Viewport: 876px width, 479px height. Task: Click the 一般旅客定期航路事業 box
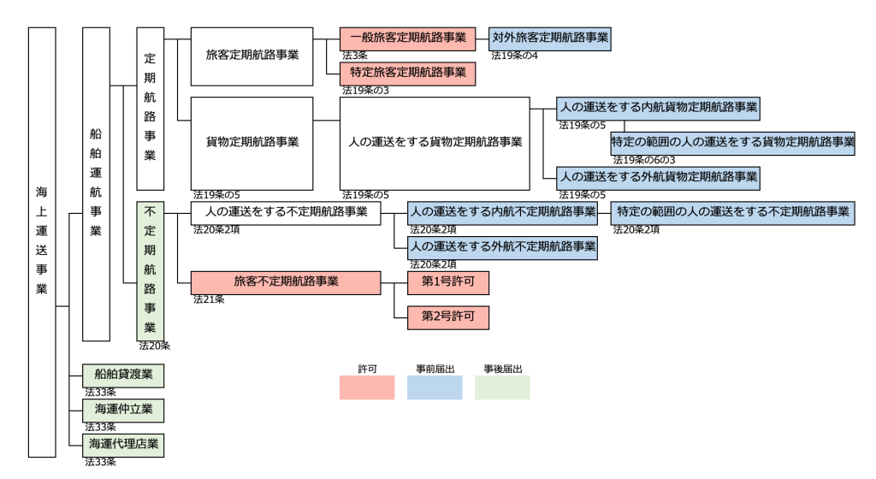pos(407,38)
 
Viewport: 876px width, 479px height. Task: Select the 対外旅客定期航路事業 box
pos(550,38)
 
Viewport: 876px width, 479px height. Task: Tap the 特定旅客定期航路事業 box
pos(407,74)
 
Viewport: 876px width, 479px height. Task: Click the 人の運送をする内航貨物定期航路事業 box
pos(658,108)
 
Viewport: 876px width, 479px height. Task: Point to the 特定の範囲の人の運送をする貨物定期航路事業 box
pos(732,143)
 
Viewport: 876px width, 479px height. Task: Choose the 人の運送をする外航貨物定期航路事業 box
pos(658,178)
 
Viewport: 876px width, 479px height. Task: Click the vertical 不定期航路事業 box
pos(150,270)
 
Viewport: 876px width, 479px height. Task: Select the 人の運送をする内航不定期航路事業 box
pos(502,212)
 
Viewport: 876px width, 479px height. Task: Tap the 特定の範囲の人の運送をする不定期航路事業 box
pos(732,212)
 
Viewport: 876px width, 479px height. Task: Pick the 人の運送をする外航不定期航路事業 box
pos(502,248)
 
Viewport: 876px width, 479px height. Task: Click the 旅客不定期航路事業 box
pos(286,282)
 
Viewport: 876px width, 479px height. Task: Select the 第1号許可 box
pos(447,282)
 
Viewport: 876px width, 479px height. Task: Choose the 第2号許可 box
pos(447,317)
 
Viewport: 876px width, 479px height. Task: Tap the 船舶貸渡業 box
pos(123,376)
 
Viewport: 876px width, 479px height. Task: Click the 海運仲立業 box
pos(123,411)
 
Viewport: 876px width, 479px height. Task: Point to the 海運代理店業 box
pos(123,445)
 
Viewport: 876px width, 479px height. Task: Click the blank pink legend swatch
pos(367,387)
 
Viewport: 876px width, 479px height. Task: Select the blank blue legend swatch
pos(435,387)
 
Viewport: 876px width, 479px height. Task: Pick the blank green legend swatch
pos(502,387)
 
